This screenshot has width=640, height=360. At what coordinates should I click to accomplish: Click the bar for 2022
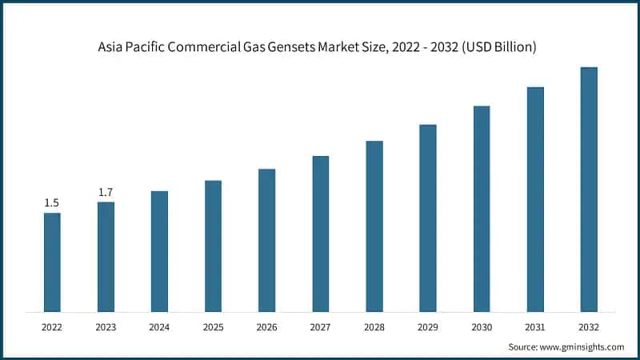52,262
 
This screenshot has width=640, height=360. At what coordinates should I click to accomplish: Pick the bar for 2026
266,240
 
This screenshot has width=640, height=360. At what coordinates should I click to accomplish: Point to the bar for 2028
374,226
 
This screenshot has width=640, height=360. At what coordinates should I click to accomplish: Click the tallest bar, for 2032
589,189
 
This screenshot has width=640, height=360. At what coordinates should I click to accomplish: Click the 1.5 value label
52,203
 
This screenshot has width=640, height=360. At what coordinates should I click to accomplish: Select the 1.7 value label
106,193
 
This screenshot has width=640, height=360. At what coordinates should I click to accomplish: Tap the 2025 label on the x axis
213,326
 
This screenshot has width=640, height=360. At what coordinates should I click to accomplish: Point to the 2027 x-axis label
320,326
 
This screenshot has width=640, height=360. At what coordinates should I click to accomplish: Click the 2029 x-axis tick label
428,326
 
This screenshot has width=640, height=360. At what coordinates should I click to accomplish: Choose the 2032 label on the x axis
589,326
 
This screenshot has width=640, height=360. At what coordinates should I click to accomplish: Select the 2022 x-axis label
52,326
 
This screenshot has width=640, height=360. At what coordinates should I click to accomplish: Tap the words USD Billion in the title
500,48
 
